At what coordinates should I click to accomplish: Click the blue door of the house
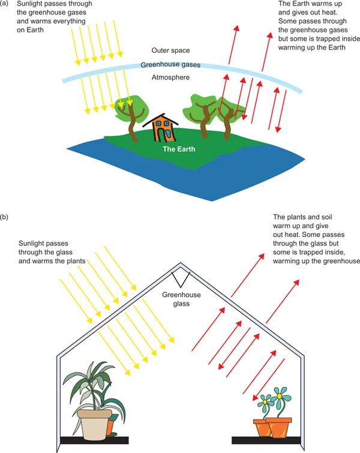[x=163, y=137]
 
